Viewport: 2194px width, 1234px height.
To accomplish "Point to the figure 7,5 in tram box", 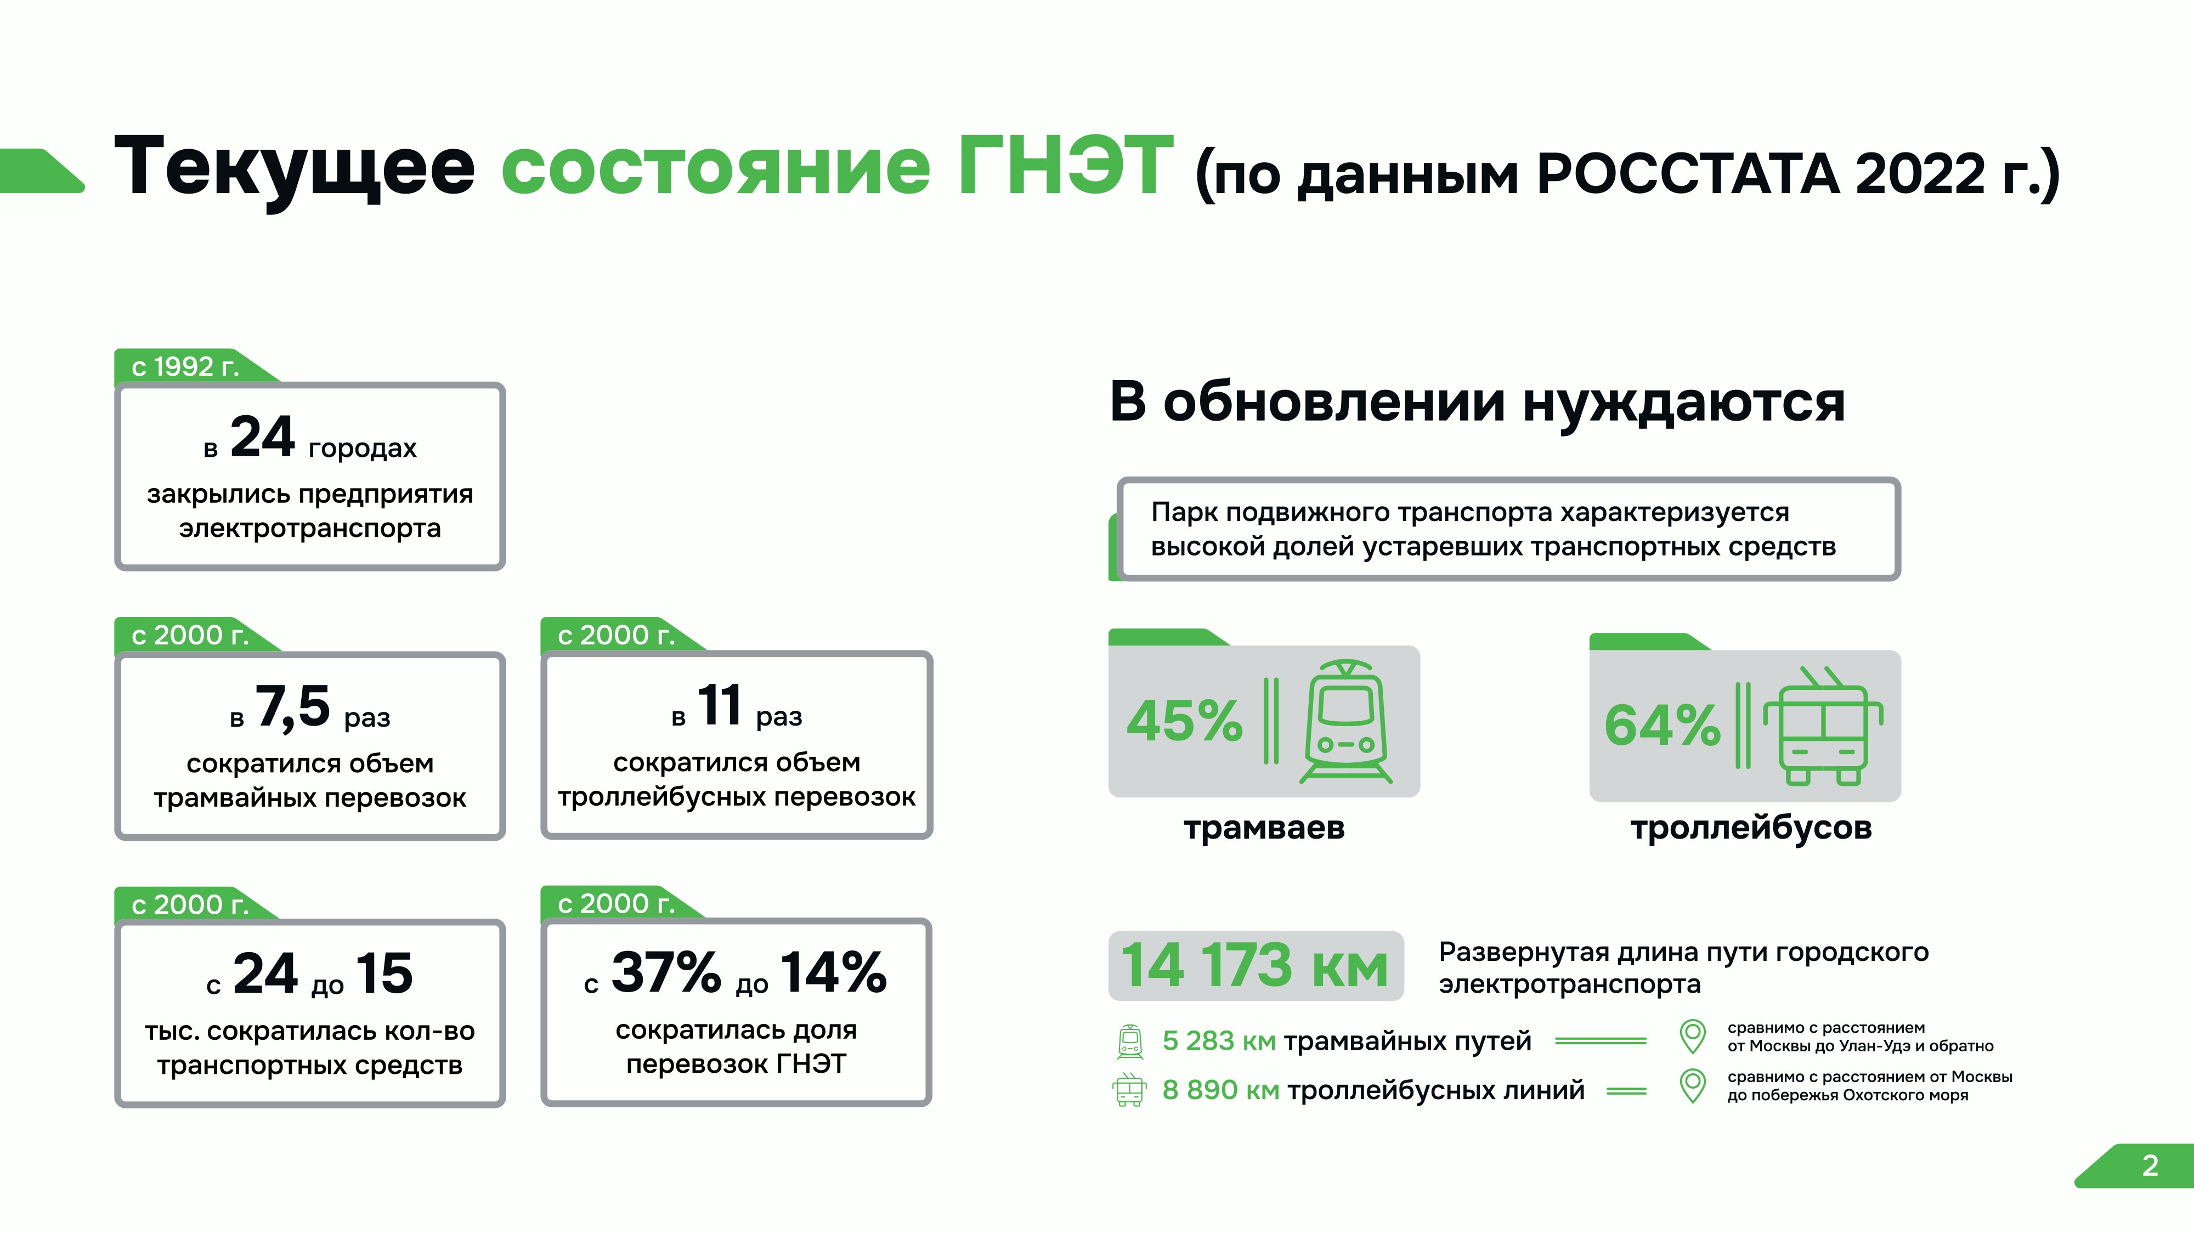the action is coord(293,707).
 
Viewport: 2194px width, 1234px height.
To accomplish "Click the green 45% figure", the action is coord(1185,721).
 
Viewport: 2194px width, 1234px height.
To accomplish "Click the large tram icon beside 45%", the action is coord(1345,721).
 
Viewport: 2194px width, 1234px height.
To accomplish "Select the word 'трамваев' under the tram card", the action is coord(1264,828).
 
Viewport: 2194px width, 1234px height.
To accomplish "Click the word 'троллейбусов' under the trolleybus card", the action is coord(1751,828).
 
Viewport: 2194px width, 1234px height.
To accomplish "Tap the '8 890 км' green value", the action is coord(1220,1090).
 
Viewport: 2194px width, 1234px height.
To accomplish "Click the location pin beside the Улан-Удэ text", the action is coord(1692,1037).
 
